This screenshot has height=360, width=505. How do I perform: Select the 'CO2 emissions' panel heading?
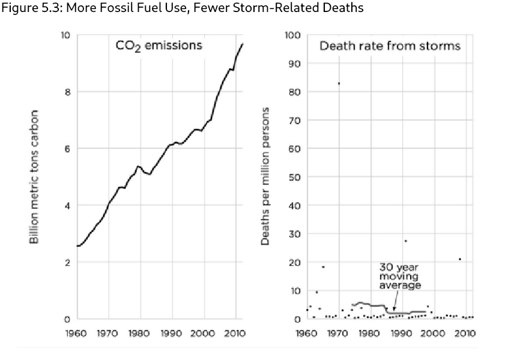pyautogui.click(x=159, y=46)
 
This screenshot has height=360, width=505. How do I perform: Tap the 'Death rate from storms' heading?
pyautogui.click(x=390, y=46)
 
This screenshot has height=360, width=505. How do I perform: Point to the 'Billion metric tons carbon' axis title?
pyautogui.click(x=35, y=176)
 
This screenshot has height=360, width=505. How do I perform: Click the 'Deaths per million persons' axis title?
pyautogui.click(x=265, y=176)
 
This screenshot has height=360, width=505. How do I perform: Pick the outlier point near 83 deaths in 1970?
pyautogui.click(x=339, y=83)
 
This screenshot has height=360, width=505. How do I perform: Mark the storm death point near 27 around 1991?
pyautogui.click(x=405, y=241)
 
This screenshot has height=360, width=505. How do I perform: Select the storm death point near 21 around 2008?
pyautogui.click(x=460, y=259)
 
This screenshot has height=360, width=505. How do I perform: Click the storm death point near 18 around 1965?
pyautogui.click(x=323, y=267)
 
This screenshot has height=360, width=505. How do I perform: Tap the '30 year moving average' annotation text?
pyautogui.click(x=400, y=276)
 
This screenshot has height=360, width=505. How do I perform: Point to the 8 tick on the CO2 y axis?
pyautogui.click(x=67, y=92)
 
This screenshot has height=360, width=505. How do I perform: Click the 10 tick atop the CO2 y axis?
pyautogui.click(x=65, y=35)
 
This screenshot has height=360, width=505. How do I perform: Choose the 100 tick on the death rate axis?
pyautogui.click(x=292, y=35)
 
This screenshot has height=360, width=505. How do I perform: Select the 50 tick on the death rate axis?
pyautogui.click(x=294, y=177)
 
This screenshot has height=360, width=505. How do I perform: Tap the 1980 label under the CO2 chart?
pyautogui.click(x=141, y=332)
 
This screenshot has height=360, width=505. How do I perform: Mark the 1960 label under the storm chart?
pyautogui.click(x=307, y=332)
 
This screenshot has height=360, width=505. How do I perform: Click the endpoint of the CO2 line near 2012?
pyautogui.click(x=243, y=43)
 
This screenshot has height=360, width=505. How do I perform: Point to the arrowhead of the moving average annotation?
pyautogui.click(x=393, y=310)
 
